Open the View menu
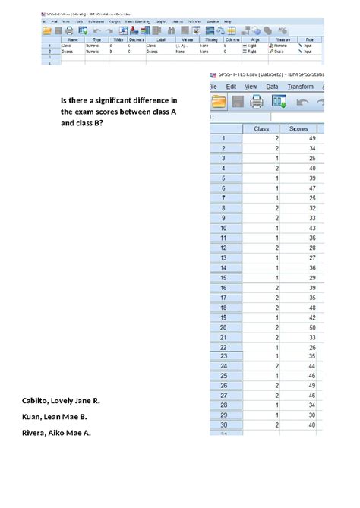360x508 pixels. pos(252,87)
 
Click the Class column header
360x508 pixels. pos(261,128)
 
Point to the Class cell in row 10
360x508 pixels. pos(261,228)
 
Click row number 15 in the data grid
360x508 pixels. pos(224,277)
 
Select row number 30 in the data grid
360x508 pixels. pos(224,425)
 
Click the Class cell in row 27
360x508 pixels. pos(261,396)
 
